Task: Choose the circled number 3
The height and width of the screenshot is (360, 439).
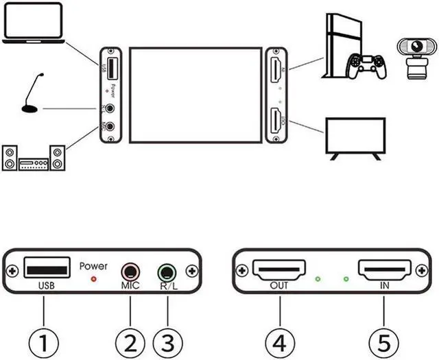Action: [x=167, y=339]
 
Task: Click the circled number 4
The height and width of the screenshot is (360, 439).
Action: [x=278, y=339]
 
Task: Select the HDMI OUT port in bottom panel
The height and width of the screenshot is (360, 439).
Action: [x=278, y=269]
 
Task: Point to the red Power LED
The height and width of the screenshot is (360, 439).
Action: [x=94, y=279]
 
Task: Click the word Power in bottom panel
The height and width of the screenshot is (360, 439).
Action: [x=93, y=265]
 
